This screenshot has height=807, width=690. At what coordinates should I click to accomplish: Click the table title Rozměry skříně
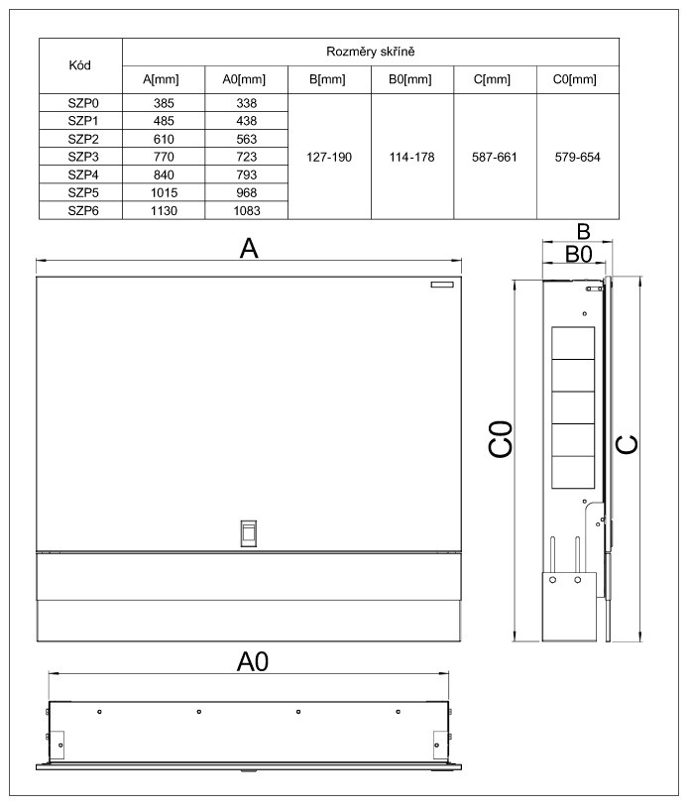(x=371, y=51)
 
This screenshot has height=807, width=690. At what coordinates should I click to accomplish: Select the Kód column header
(x=80, y=65)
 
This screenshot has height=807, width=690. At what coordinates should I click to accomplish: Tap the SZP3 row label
(x=80, y=157)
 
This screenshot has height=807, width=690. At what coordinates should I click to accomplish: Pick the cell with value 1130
(x=165, y=209)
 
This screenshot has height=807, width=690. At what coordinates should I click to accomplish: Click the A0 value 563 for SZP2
(x=247, y=139)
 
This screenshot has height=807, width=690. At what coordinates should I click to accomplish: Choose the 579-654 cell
(x=578, y=157)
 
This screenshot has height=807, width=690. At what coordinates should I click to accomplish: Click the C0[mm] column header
(x=578, y=80)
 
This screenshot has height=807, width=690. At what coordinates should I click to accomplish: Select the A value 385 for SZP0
(x=165, y=102)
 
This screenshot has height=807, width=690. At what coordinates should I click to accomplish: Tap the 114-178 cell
(x=411, y=157)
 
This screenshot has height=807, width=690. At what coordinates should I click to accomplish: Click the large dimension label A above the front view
(x=249, y=249)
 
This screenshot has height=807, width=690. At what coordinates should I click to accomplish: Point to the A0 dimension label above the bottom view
(x=252, y=660)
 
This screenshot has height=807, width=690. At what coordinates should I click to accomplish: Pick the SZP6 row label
(x=80, y=209)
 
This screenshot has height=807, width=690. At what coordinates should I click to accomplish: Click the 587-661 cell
(x=495, y=157)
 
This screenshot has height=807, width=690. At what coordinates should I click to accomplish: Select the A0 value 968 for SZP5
(x=247, y=191)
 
